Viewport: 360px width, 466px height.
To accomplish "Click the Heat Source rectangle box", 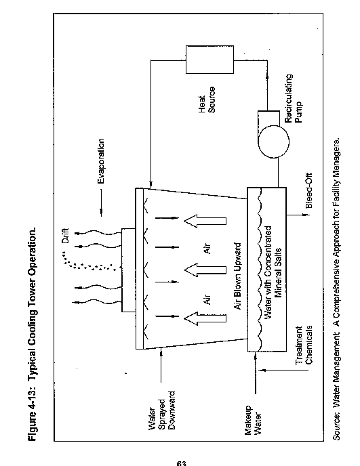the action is [209, 60].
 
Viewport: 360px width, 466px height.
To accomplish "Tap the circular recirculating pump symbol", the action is [273, 142].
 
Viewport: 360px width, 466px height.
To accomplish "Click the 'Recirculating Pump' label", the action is [293, 99].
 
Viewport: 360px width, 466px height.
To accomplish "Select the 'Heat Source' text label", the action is [207, 100].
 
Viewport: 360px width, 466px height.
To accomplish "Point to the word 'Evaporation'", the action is [101, 161].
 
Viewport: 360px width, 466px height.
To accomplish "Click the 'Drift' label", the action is [65, 236].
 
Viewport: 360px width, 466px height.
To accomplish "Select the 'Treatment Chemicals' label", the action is [304, 345].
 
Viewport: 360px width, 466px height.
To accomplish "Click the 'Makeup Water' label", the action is [253, 420].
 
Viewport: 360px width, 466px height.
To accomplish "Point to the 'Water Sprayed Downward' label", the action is [161, 410].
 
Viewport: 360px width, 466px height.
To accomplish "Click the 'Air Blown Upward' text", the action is [237, 276].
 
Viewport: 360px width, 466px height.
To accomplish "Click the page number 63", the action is [181, 463].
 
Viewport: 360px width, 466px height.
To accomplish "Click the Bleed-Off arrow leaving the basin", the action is [298, 214].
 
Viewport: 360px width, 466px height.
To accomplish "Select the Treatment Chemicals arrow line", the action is [283, 370].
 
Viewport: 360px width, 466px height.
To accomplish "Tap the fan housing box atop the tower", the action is [129, 270].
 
